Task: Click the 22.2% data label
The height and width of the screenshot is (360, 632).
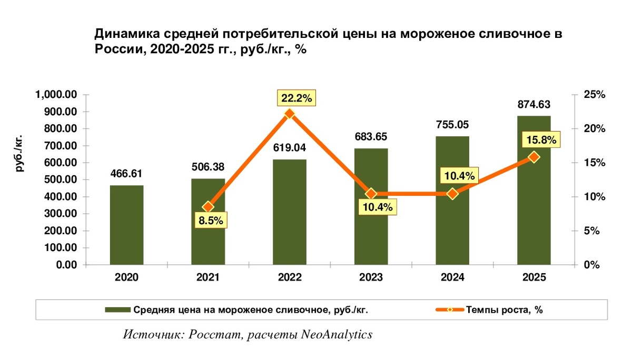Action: [297, 98]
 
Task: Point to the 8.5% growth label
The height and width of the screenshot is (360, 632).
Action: [210, 221]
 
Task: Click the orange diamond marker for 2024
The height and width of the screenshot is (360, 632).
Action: [452, 194]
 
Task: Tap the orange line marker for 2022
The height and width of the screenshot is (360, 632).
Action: [289, 114]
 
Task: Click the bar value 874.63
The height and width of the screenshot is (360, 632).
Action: [534, 105]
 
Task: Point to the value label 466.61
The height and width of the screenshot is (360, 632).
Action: [126, 174]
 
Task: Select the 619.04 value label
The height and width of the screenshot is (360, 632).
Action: [289, 148]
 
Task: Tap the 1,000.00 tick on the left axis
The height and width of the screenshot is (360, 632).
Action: [56, 95]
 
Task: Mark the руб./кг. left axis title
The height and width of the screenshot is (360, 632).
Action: [19, 153]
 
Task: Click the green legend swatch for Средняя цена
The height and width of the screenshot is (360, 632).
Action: [117, 309]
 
